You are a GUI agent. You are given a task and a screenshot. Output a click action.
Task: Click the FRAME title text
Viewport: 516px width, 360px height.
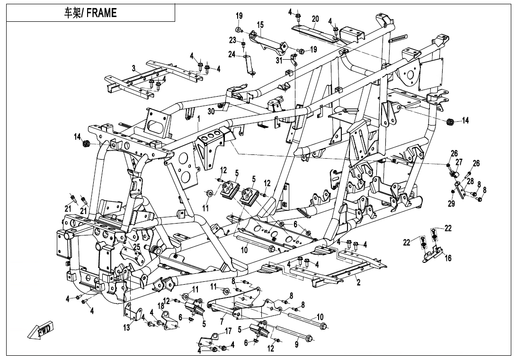click(90, 13)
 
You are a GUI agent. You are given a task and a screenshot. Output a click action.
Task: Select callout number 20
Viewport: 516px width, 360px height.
click(315, 19)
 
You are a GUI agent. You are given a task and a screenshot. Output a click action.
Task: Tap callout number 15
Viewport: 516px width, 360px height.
click(260, 24)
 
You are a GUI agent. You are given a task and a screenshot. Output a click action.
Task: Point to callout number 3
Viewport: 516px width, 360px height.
click(134, 68)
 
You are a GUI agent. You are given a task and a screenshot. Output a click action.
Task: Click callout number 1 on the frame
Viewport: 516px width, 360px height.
click(199, 120)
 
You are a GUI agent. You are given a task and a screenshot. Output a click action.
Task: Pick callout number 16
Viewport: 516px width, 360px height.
click(448, 258)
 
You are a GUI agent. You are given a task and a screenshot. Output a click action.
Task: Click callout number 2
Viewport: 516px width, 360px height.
click(359, 283)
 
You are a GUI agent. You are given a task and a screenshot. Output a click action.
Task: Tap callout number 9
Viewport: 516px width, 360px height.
click(297, 345)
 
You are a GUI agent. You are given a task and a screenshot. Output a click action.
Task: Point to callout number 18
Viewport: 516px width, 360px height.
click(161, 306)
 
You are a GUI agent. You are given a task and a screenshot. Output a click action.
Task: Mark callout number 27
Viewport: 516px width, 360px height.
click(459, 162)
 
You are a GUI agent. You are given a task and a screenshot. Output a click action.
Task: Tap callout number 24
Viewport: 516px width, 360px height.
click(231, 54)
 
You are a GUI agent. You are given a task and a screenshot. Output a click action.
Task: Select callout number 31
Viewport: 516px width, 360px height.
click(279, 60)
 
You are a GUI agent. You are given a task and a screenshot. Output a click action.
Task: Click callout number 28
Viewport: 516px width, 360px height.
click(470, 181)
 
